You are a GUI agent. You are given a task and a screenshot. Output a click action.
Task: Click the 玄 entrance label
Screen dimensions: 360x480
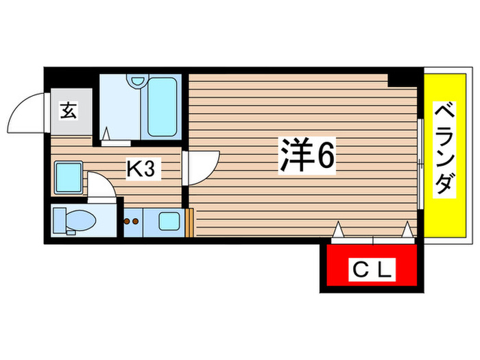coord(69,110)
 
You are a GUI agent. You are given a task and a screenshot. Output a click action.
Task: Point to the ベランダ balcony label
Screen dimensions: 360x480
coord(446,149)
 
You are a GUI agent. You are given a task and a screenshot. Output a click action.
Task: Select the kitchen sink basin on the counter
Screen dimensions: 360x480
coord(167,221)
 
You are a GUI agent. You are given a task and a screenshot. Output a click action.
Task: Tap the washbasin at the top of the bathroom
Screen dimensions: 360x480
coord(136,82)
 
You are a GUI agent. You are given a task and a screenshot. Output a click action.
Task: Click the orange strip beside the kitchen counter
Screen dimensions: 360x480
coord(187,221)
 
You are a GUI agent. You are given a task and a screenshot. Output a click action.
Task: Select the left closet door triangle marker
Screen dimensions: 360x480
coord(337,230)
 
